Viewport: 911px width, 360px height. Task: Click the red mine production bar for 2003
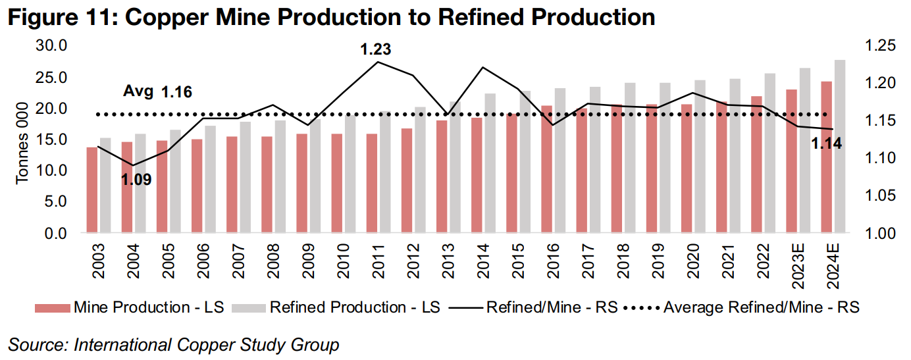pyautogui.click(x=91, y=190)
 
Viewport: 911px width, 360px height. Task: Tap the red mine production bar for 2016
pyautogui.click(x=547, y=169)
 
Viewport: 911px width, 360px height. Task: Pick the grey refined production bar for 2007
pyautogui.click(x=246, y=177)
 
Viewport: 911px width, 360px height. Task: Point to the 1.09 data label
pyautogui.click(x=136, y=178)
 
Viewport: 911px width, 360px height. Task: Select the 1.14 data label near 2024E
pyautogui.click(x=826, y=143)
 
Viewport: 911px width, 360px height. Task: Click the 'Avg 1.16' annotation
pyautogui.click(x=158, y=92)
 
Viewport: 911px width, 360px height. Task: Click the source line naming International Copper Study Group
pyautogui.click(x=174, y=344)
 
